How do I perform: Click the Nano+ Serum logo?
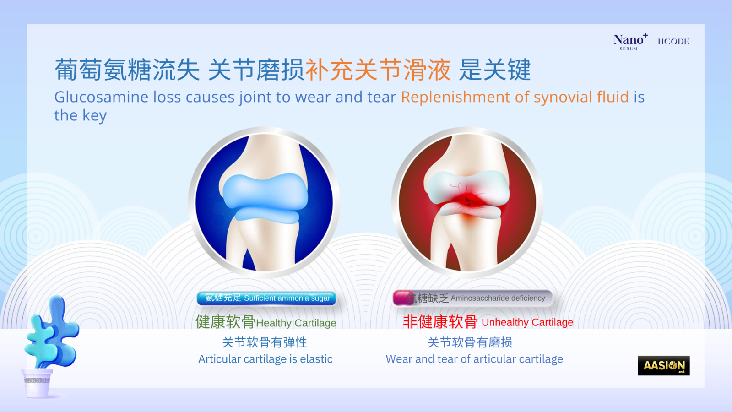630,42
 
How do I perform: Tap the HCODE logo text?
673,42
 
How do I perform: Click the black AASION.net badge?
664,366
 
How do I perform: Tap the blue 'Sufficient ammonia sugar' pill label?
266,298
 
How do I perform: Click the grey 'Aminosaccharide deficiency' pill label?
472,298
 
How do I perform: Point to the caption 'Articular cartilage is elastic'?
266,359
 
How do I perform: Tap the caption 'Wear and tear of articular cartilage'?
474,359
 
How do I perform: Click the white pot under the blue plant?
37,383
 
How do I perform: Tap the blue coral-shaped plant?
52,333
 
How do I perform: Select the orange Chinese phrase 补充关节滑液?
378,70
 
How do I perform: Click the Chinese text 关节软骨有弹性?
265,342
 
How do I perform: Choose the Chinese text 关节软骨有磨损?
470,342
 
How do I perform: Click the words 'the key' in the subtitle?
81,115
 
